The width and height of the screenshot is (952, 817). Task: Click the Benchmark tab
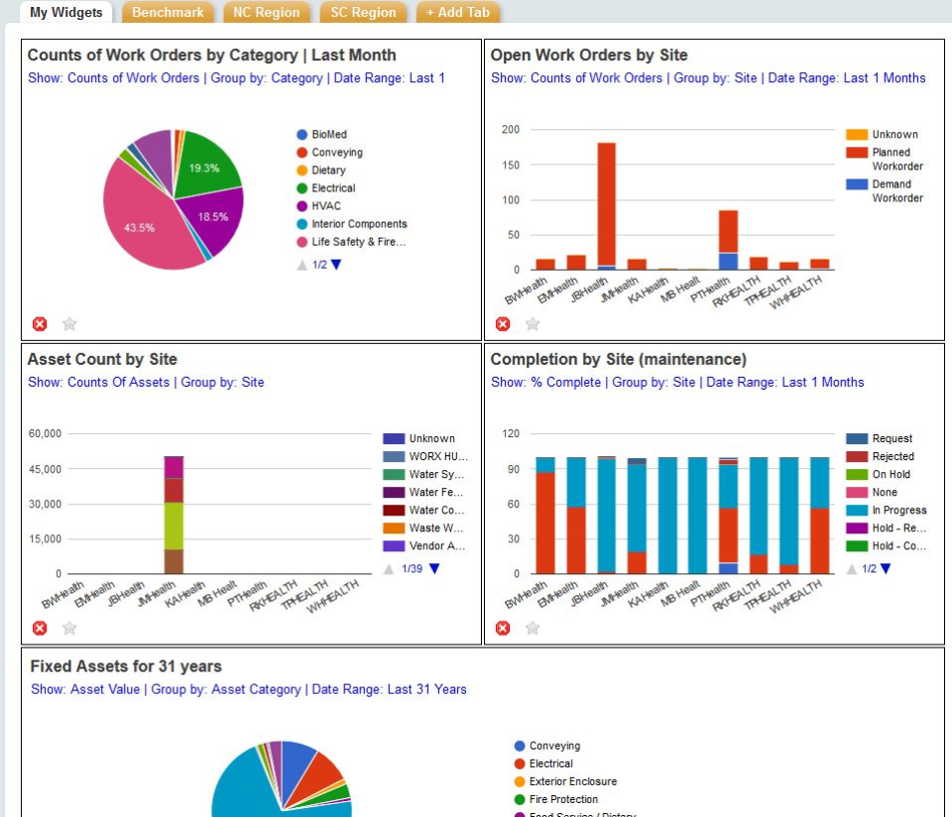[168, 13]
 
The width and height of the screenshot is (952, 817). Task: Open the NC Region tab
[265, 13]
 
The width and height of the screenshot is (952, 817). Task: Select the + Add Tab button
[457, 13]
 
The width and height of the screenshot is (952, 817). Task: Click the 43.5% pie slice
[144, 223]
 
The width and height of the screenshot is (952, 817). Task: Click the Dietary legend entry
[328, 171]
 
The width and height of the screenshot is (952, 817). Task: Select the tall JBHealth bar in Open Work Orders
[607, 203]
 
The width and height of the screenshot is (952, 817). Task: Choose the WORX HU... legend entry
[437, 457]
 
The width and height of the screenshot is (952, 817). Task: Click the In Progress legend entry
[898, 511]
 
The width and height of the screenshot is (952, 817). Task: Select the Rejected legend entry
[892, 457]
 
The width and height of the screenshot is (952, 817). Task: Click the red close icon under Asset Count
[40, 628]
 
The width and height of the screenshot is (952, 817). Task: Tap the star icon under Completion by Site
[533, 628]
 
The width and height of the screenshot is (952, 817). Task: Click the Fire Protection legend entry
[563, 799]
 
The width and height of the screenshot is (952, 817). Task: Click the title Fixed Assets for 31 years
[126, 666]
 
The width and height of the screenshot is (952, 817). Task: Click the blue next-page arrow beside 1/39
[433, 569]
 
